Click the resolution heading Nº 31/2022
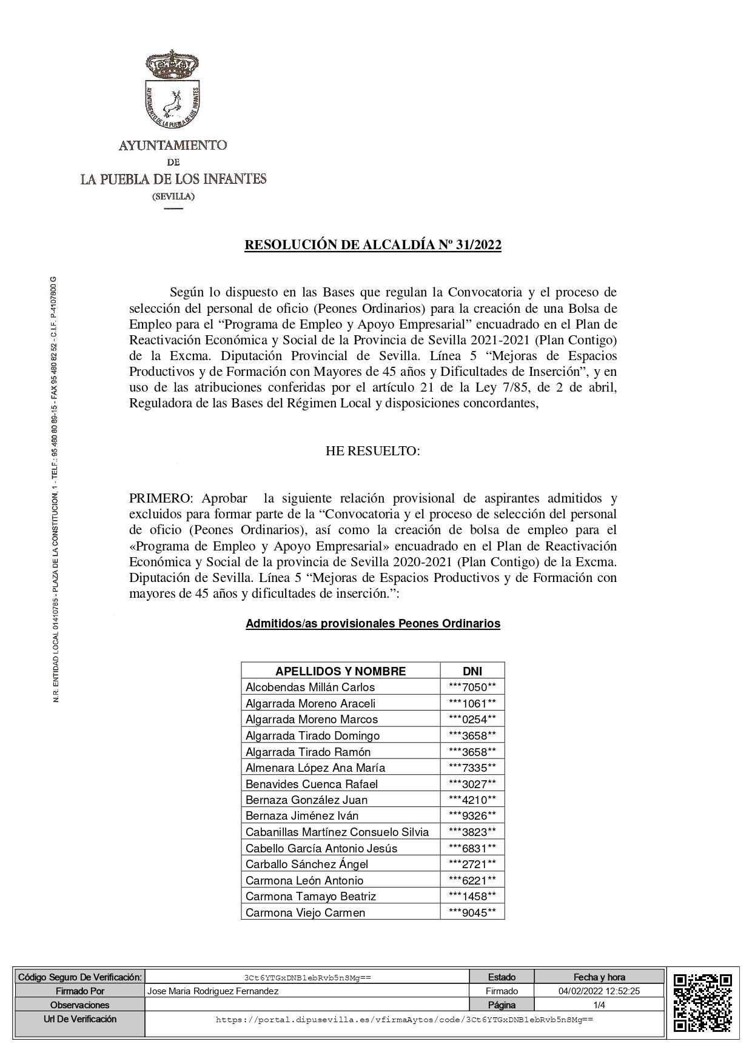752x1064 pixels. (x=372, y=245)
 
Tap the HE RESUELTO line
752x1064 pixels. (x=372, y=451)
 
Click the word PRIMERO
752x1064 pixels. (x=159, y=498)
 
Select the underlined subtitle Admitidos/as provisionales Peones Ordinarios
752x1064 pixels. (x=372, y=623)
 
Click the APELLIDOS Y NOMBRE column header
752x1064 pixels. (x=340, y=671)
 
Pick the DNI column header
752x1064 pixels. (x=472, y=671)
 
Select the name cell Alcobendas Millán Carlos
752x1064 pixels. (x=310, y=687)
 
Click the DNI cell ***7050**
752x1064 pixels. (x=472, y=687)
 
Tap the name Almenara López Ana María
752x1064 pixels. (x=315, y=768)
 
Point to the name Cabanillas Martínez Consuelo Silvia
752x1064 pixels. (x=337, y=832)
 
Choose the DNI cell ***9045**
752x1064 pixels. (x=472, y=912)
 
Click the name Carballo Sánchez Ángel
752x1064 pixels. (x=306, y=864)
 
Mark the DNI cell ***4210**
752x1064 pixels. (x=472, y=800)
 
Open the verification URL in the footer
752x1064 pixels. (x=404, y=1020)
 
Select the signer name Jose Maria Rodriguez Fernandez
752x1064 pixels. (x=213, y=991)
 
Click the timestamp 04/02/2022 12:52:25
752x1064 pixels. (x=599, y=991)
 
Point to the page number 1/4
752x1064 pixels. (x=599, y=1005)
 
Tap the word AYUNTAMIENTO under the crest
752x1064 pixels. (x=173, y=146)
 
